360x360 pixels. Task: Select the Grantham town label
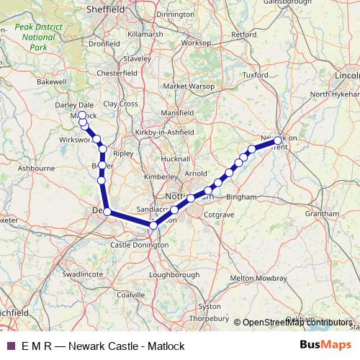[x=321, y=214]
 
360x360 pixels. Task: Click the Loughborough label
[x=176, y=274]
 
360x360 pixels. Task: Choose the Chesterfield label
[x=117, y=73]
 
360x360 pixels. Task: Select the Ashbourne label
[x=36, y=168]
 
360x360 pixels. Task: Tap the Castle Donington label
[x=139, y=245]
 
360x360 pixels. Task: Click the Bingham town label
[x=241, y=197]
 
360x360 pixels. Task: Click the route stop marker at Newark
[x=278, y=141]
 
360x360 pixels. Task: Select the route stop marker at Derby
[x=107, y=212]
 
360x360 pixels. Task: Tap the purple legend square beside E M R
[x=9, y=346]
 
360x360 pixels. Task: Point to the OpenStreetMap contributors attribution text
[x=297, y=322]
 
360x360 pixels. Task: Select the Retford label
[x=244, y=34]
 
